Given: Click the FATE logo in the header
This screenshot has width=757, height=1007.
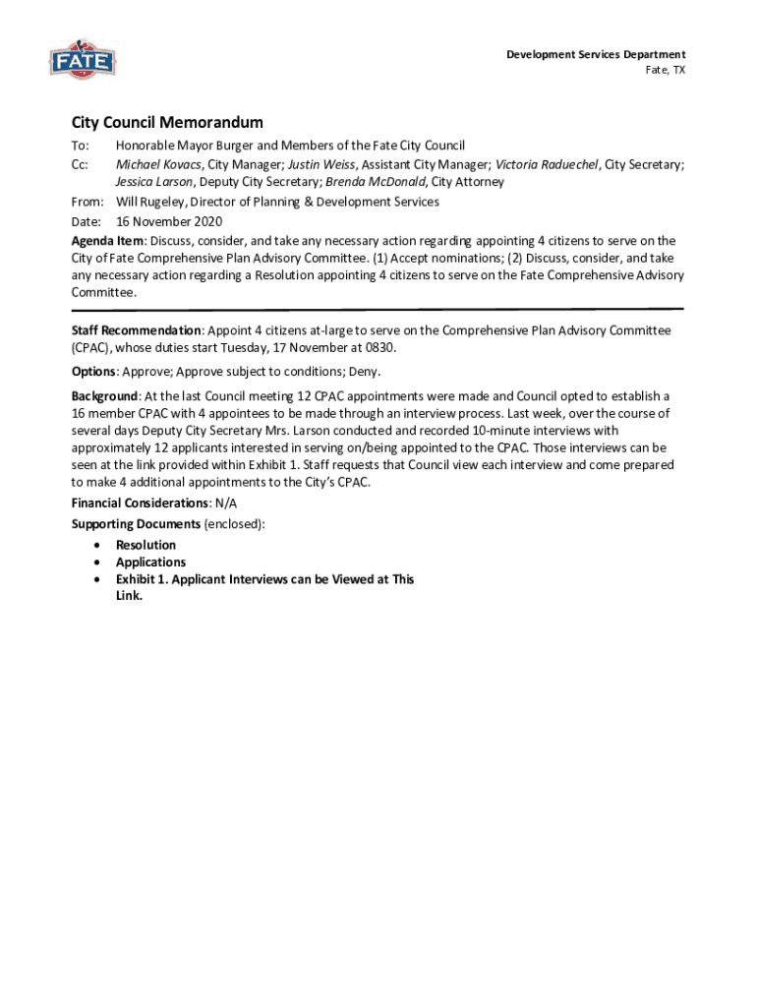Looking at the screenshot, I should [83, 60].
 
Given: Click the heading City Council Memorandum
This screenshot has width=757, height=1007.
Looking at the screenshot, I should [167, 123].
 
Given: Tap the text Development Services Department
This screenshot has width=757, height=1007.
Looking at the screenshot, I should [596, 54].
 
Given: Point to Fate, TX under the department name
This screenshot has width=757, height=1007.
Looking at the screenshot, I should [665, 72].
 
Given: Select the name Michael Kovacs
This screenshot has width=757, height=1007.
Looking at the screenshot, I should [158, 164].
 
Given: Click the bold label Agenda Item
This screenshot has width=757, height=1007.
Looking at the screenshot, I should [107, 241].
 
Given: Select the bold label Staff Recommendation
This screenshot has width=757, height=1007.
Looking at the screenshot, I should [136, 330].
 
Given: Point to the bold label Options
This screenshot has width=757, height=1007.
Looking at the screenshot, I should [93, 371].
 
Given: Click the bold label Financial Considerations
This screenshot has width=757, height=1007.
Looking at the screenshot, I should [140, 503].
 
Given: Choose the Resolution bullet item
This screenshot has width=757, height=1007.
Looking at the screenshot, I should [146, 545].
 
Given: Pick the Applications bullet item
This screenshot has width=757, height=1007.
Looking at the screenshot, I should [150, 563].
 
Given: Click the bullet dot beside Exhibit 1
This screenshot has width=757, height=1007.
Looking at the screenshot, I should [95, 580].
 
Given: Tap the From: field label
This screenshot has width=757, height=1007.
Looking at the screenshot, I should [87, 202].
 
